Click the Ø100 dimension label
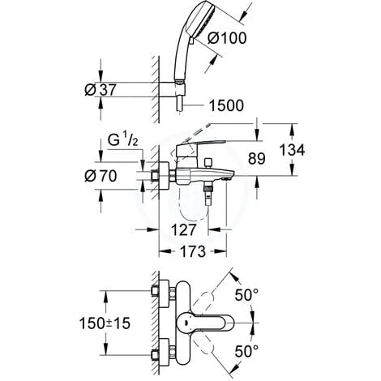(x=227, y=38)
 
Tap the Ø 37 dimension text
(x=101, y=90)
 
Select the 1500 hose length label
(x=226, y=105)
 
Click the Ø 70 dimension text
(x=101, y=176)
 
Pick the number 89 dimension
(x=257, y=158)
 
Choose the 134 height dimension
(x=292, y=150)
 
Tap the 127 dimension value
(x=184, y=230)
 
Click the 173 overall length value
(x=193, y=251)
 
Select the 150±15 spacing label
(x=105, y=323)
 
